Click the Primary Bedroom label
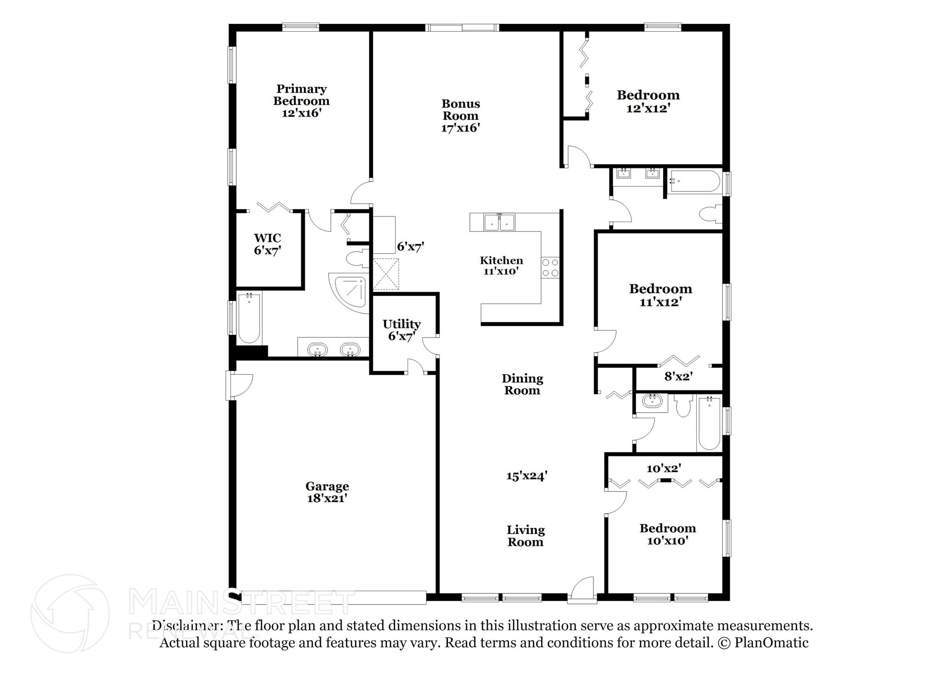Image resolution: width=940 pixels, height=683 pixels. (302, 95)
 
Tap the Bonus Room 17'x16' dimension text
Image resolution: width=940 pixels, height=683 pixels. (460, 128)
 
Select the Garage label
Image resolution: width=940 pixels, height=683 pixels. (327, 486)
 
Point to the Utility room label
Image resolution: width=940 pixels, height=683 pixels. (402, 324)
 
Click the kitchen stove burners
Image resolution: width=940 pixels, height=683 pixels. (550, 268)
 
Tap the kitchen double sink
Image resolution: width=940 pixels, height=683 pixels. (499, 222)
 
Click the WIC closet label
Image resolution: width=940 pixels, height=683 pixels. (268, 238)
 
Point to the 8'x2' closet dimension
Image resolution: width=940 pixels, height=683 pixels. (678, 377)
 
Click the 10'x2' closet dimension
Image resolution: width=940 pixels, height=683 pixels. (664, 468)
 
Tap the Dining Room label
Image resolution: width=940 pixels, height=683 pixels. (522, 384)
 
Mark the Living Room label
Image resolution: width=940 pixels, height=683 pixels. (526, 536)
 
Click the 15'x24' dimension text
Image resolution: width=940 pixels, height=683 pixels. (527, 476)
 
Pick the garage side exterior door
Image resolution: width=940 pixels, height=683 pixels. (240, 385)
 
